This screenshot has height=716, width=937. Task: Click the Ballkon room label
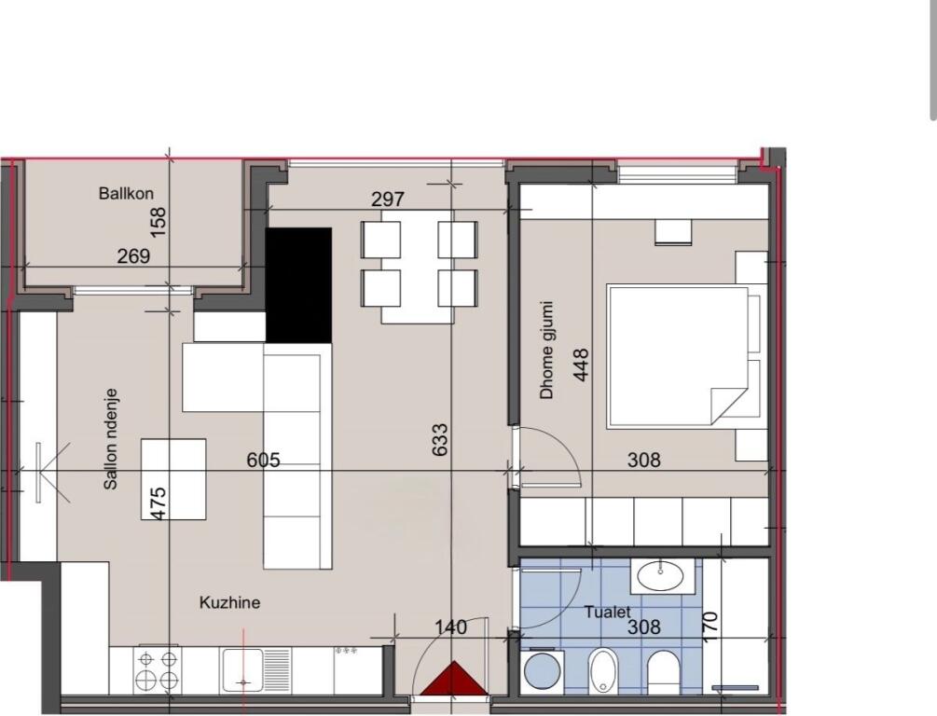(x=126, y=194)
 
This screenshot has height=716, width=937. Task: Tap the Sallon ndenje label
(x=111, y=453)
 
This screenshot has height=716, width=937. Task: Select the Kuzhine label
(x=229, y=603)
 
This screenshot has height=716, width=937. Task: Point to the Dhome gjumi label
(x=547, y=350)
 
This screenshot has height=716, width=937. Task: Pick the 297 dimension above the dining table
(x=387, y=200)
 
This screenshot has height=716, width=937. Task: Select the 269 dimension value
(x=133, y=255)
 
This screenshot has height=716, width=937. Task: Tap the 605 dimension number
(x=263, y=460)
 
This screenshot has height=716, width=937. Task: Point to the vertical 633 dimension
(x=441, y=440)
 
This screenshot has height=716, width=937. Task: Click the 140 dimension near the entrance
(x=451, y=627)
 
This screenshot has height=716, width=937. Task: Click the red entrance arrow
(x=452, y=679)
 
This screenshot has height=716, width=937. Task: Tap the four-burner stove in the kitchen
(x=158, y=669)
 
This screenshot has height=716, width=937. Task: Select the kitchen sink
(x=243, y=669)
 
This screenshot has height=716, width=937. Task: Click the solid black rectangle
(x=298, y=284)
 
